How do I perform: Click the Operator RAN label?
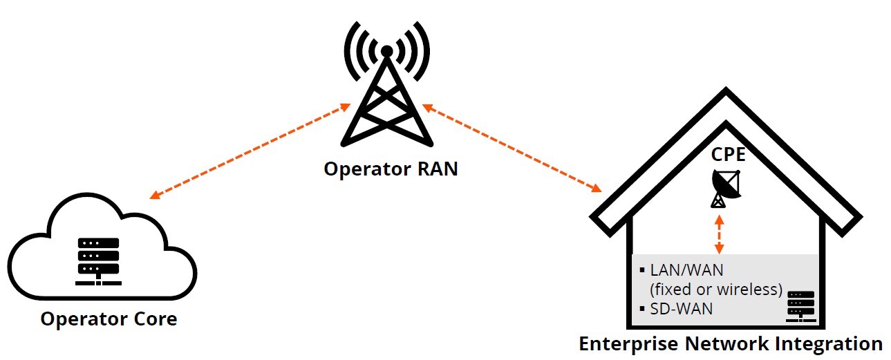[x=391, y=169]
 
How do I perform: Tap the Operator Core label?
[x=109, y=319]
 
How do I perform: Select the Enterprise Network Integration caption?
[x=730, y=343]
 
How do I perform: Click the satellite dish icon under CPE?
[x=726, y=188]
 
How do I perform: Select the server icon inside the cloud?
[x=98, y=261]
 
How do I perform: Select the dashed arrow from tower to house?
[x=512, y=147]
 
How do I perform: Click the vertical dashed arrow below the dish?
[x=720, y=234]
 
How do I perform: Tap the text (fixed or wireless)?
[x=716, y=290]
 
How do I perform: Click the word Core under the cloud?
[x=153, y=319]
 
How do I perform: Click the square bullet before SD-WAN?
[x=641, y=309]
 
